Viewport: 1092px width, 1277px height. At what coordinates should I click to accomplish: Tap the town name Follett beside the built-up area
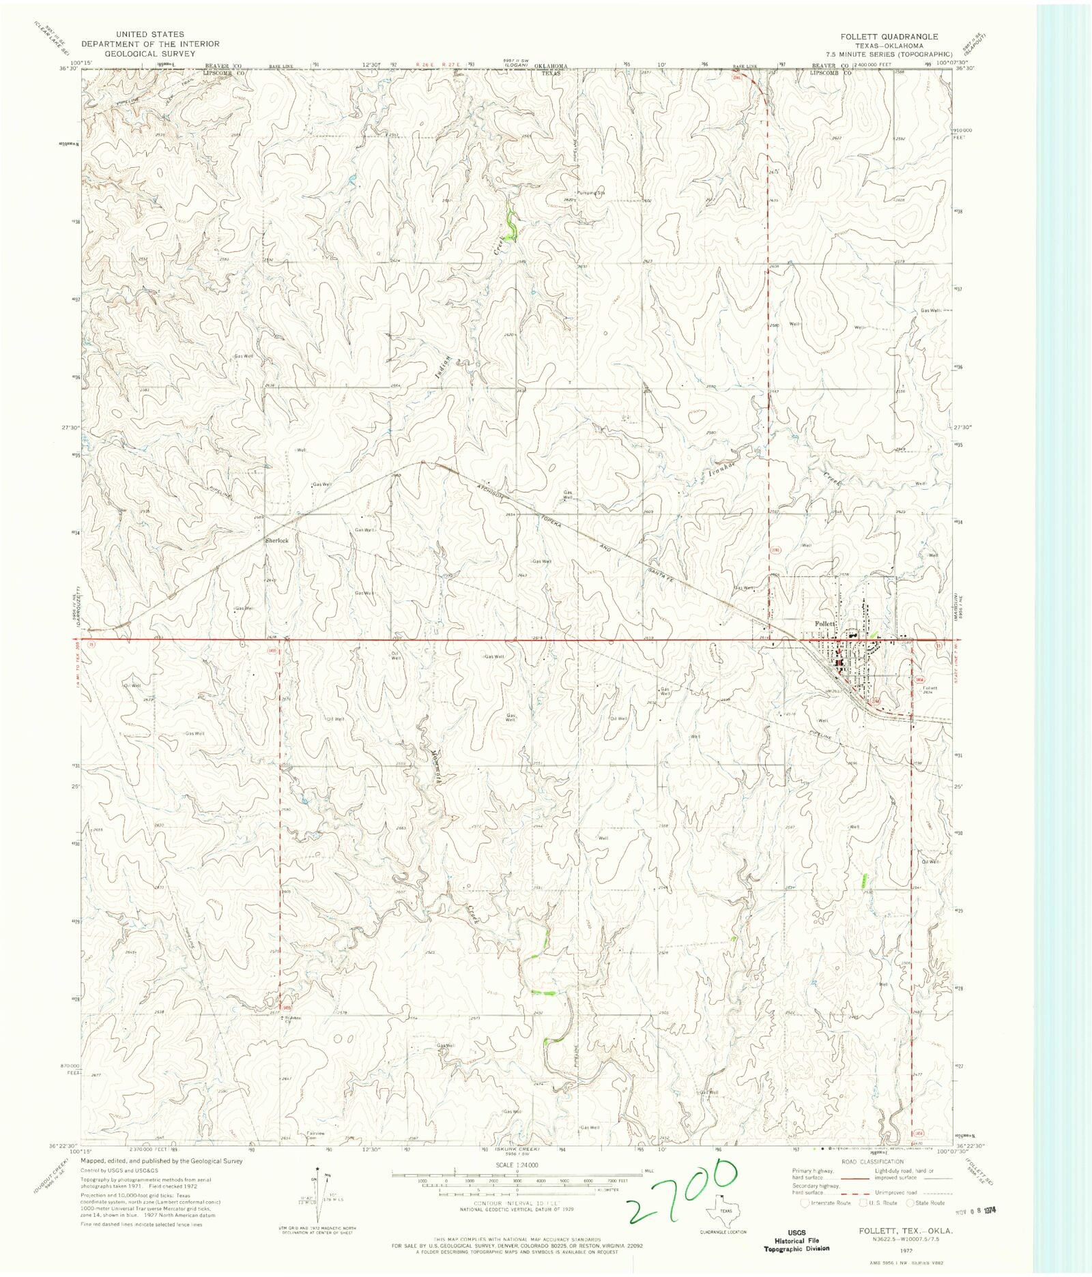click(x=825, y=623)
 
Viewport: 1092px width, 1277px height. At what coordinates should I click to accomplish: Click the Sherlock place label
click(x=277, y=540)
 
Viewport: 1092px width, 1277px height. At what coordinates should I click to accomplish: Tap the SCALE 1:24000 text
click(x=517, y=1165)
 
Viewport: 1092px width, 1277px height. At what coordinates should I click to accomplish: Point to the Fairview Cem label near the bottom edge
click(x=313, y=1136)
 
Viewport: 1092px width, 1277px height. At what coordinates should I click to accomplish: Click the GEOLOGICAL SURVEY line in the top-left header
click(x=150, y=53)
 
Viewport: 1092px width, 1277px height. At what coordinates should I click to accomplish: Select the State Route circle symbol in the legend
click(x=910, y=1203)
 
